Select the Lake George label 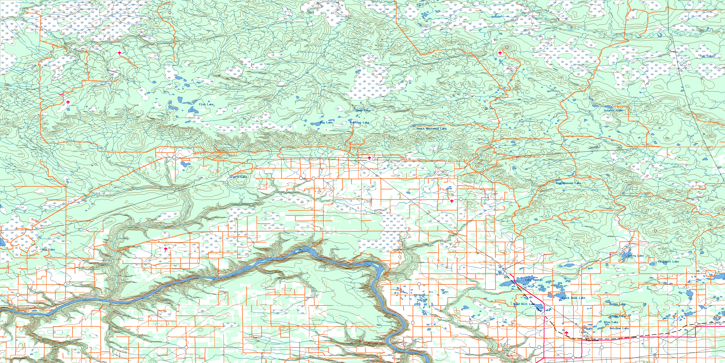click(534, 280)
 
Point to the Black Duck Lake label click(573, 298)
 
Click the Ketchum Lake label click(619, 328)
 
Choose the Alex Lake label click(611, 322)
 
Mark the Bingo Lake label click(617, 304)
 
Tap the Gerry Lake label click(636, 256)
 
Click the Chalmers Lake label click(668, 262)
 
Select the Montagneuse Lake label click(568, 183)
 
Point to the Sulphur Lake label click(613, 110)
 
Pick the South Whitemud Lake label click(431, 128)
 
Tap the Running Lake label click(360, 123)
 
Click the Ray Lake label click(326, 123)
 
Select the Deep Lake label click(363, 110)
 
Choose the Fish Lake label click(206, 104)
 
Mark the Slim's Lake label click(238, 177)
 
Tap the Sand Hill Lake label click(524, 304)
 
